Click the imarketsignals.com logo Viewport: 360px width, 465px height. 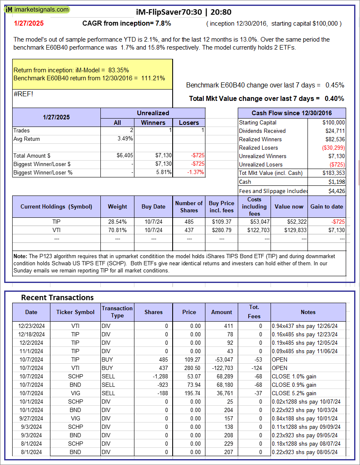(x=37, y=9)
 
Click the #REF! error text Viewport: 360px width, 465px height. (x=23, y=94)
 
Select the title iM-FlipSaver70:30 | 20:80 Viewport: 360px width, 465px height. (x=184, y=12)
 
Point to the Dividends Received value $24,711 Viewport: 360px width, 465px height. (x=335, y=131)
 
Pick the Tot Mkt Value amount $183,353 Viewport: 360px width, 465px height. (x=334, y=173)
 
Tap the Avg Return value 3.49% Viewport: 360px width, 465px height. (x=125, y=139)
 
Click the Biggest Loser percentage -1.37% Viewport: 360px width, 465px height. (x=194, y=172)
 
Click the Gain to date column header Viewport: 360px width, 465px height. (x=327, y=206)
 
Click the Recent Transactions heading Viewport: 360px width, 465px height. (x=57, y=298)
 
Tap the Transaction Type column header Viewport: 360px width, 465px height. (x=117, y=312)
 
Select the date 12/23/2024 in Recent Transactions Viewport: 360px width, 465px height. (x=32, y=326)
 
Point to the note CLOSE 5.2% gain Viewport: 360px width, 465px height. (x=294, y=393)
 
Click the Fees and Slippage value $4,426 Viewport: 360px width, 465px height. (x=335, y=191)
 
